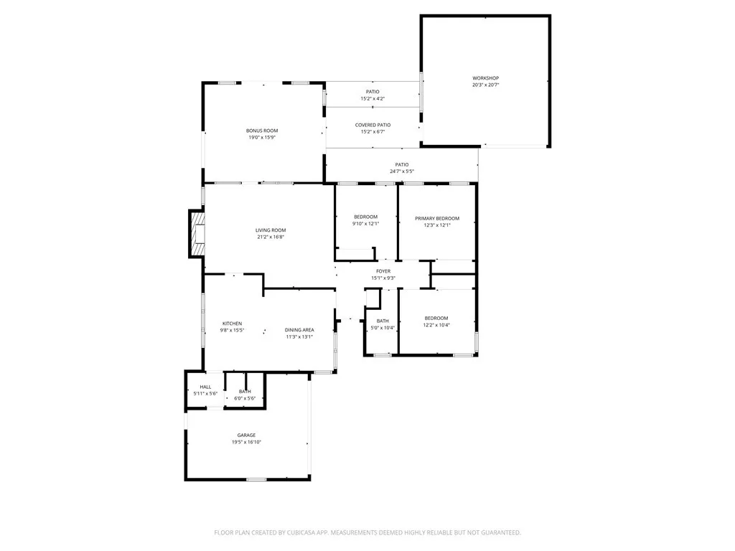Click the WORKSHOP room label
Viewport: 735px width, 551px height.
point(485,78)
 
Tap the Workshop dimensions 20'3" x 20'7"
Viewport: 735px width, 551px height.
point(485,85)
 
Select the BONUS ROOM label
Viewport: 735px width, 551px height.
point(262,131)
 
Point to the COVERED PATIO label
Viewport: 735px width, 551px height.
point(373,125)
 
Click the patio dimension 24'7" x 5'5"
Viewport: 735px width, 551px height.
point(401,171)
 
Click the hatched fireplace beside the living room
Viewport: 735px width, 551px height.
point(196,233)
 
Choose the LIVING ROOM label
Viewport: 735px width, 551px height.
point(271,230)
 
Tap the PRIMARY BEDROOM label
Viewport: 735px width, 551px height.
point(436,218)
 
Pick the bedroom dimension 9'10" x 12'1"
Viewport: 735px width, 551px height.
point(365,224)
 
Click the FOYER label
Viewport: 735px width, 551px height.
point(383,271)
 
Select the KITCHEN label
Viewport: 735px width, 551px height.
point(232,324)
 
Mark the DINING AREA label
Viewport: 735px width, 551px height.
point(299,330)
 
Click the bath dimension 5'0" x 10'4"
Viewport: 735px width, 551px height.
point(383,328)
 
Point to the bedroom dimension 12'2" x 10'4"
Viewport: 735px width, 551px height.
point(436,325)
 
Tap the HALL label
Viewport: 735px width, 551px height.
point(205,387)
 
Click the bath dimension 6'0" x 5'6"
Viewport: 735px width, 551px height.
point(245,398)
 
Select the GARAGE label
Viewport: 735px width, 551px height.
point(246,435)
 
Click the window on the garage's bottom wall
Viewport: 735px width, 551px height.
point(256,479)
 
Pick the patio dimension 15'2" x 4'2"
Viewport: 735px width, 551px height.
point(373,98)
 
